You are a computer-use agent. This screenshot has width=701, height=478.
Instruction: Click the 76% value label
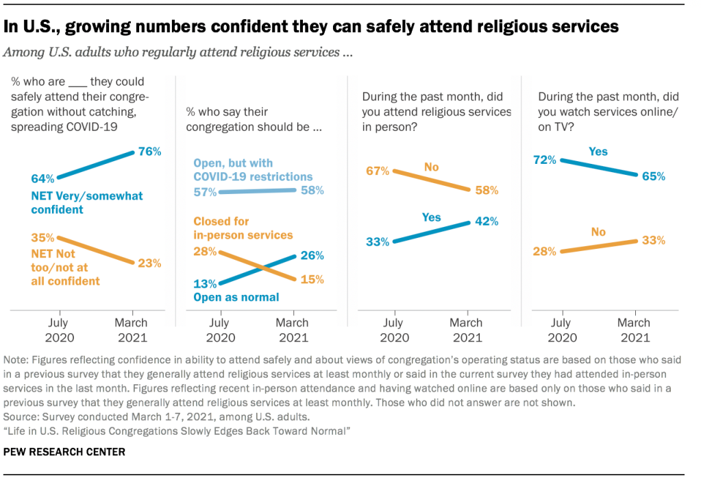tap(149, 152)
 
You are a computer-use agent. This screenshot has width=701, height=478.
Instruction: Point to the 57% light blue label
tap(204, 192)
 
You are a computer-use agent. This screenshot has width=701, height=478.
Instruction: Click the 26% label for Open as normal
tap(312, 255)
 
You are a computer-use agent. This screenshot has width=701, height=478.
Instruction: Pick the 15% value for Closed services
tap(312, 279)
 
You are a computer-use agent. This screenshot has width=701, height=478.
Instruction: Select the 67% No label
tap(378, 170)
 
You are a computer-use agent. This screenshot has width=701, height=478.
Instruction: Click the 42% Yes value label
tap(486, 221)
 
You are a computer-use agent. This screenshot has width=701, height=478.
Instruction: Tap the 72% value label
tap(545, 159)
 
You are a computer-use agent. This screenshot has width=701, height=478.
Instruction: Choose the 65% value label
tap(653, 176)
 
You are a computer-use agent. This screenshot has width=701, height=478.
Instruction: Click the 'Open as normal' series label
tap(236, 297)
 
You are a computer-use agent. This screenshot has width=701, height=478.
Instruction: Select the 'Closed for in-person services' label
tap(243, 228)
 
